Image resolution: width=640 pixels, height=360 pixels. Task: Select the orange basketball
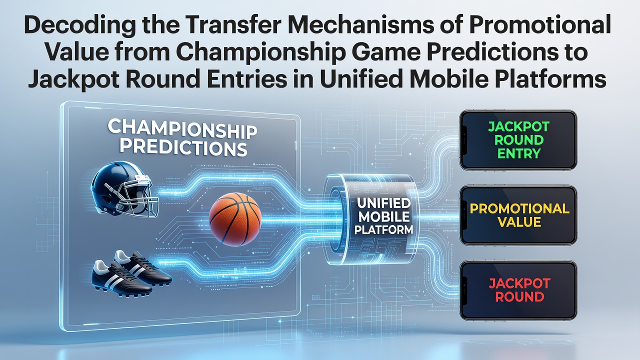[235, 219]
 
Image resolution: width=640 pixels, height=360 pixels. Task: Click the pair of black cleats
[131, 274]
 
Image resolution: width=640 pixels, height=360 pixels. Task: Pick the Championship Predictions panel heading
[182, 137]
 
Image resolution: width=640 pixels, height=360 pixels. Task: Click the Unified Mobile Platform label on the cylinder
[383, 216]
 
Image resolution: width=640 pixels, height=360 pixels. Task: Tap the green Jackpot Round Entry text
[519, 140]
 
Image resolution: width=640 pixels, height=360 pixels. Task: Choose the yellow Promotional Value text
[519, 215]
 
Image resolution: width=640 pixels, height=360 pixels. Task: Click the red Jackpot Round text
[519, 290]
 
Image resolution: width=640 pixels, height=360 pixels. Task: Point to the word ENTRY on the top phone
[519, 153]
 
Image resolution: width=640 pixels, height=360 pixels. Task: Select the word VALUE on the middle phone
[519, 222]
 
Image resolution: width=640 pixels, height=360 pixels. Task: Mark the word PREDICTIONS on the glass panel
[183, 148]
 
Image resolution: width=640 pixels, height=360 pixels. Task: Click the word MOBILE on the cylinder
[383, 216]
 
